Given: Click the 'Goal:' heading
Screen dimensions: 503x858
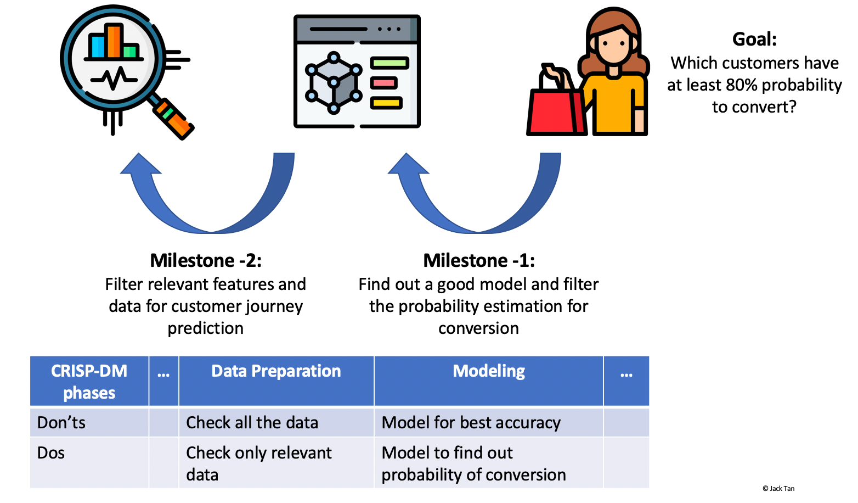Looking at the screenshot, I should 754,40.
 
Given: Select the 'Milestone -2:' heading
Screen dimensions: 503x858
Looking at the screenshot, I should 206,260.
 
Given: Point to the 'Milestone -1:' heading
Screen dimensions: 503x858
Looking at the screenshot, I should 479,260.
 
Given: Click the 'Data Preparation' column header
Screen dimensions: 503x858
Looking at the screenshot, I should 276,372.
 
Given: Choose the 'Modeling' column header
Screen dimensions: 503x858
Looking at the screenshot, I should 489,372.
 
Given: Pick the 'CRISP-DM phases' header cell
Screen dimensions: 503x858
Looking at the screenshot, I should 89,382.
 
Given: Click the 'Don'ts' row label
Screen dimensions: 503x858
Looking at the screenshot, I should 61,423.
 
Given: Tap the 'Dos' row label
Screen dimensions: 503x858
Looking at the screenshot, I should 51,453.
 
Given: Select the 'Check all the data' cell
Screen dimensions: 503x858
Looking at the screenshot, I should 252,423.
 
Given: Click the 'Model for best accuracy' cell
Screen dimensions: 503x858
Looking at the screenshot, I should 471,423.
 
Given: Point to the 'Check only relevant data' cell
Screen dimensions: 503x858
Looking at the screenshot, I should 258,463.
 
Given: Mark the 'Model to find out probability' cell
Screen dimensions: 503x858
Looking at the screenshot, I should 473,463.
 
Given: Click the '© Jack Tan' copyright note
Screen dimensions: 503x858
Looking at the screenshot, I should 778,489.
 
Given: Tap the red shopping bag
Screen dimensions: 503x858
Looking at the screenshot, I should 554,113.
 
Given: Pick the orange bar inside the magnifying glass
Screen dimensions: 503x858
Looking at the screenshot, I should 114,41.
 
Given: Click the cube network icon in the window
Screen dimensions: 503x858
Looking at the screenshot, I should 334,83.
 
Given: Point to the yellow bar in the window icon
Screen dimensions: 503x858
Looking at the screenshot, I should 386,103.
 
